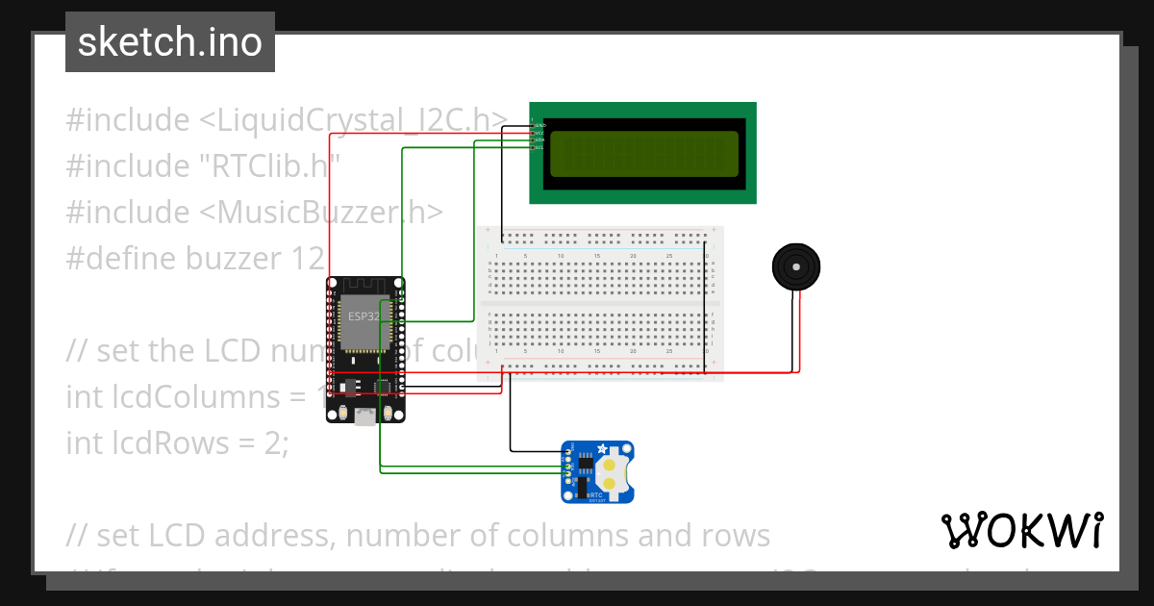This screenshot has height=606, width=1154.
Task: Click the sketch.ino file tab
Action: click(170, 42)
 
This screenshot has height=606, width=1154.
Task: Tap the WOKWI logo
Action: click(1020, 530)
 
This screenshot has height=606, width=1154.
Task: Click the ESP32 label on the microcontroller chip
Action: click(364, 316)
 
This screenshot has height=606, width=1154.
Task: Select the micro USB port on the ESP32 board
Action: click(365, 417)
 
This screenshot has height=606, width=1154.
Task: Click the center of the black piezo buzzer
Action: click(796, 265)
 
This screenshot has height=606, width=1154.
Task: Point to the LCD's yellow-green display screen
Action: click(642, 153)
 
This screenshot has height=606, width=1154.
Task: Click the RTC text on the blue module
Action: click(596, 493)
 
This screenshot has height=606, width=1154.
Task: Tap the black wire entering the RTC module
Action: click(534, 450)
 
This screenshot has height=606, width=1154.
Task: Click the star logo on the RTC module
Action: click(602, 449)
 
